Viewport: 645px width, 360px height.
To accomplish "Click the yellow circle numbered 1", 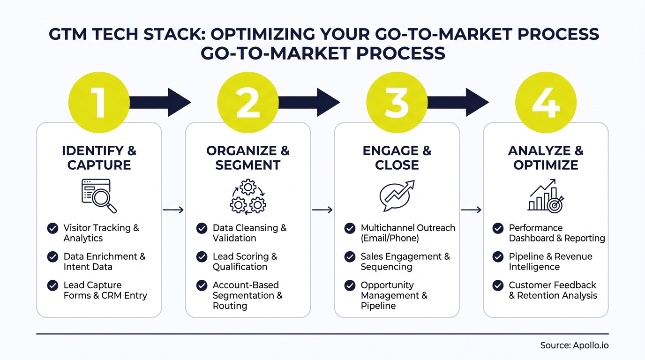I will tap(99, 102).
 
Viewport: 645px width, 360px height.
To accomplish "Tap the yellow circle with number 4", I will tap(546, 102).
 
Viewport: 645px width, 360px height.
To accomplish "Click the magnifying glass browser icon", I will tap(99, 195).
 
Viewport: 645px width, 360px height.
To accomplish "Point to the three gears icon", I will tap(247, 196).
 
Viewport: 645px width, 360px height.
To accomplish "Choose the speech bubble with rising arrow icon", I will tap(397, 195).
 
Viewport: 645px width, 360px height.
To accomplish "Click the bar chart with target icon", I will tap(546, 195).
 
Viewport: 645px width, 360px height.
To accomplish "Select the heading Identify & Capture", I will tap(99, 158).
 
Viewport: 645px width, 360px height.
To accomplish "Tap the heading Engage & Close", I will tap(397, 158).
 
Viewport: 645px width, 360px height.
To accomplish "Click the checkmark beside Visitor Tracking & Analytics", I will tap(53, 228).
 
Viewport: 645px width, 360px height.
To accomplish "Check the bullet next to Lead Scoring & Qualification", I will tap(202, 257).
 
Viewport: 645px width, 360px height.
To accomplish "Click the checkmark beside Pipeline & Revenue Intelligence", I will tap(498, 257).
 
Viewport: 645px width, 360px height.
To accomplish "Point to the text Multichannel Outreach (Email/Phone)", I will tap(408, 233).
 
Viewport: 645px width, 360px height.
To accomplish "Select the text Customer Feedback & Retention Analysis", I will tap(553, 290).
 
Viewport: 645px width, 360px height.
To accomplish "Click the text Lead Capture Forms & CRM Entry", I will tap(105, 290).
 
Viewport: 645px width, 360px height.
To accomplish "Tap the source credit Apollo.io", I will tap(574, 345).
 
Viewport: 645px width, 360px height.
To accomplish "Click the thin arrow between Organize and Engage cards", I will tap(322, 210).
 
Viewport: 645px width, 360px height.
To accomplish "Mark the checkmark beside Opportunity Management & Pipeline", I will tap(350, 285).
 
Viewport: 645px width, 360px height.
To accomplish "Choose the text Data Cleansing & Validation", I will tap(249, 233).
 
